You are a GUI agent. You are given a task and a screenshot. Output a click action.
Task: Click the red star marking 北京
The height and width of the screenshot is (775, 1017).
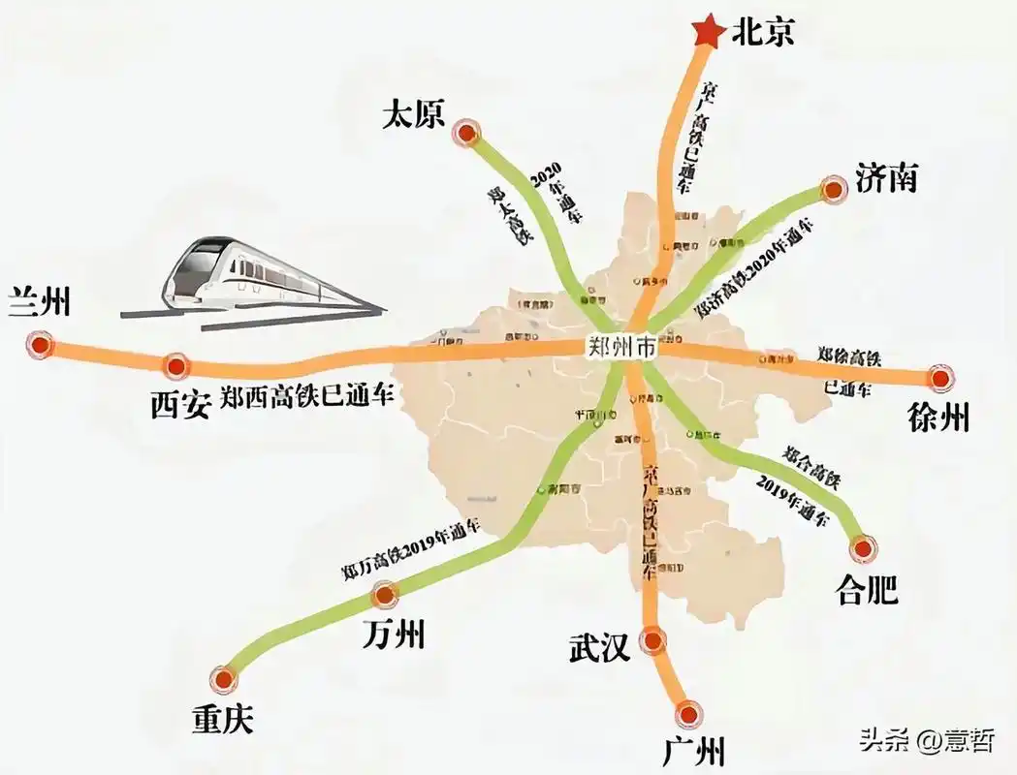708,32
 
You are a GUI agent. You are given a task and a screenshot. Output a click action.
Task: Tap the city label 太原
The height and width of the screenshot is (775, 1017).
413,115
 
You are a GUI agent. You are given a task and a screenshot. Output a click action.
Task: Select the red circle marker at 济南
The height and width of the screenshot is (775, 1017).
833,191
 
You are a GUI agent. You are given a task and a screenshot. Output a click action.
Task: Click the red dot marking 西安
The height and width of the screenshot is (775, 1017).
175,365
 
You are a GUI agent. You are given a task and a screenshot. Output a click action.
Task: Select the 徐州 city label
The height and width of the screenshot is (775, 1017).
938,418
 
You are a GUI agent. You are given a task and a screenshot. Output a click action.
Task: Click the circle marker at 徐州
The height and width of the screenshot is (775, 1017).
939,379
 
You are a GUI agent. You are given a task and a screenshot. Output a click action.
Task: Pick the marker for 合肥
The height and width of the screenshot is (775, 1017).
862,548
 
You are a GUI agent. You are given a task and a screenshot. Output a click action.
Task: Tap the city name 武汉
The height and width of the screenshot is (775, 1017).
601,646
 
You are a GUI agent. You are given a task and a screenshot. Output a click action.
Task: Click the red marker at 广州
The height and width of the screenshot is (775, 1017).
689,714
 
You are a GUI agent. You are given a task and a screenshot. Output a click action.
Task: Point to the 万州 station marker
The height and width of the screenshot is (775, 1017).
385,594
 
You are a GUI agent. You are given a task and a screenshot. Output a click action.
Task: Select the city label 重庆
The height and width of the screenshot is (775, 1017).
222,719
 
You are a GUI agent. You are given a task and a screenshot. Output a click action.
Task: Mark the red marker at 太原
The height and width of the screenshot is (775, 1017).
469,135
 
